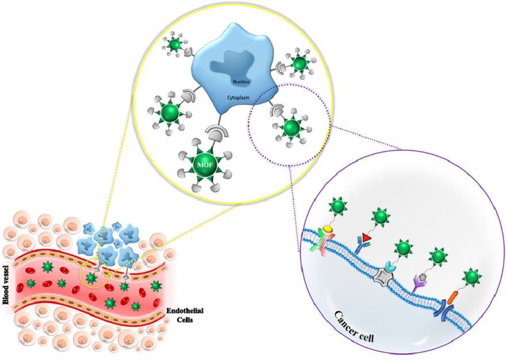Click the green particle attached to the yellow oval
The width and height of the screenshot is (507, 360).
click(337, 204)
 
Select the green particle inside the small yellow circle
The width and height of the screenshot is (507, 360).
click(90, 278)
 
